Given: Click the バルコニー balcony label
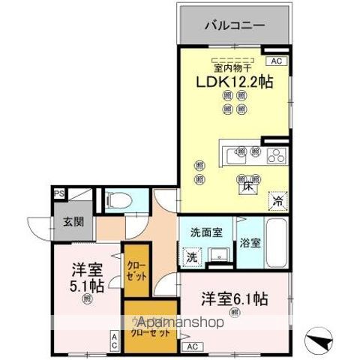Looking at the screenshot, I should tap(235, 25).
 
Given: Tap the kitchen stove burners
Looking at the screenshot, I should tap(275, 156).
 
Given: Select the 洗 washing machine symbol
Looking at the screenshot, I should tap(192, 256).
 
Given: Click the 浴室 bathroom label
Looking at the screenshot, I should tap(251, 243).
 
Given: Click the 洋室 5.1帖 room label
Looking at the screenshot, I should tap(85, 278).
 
